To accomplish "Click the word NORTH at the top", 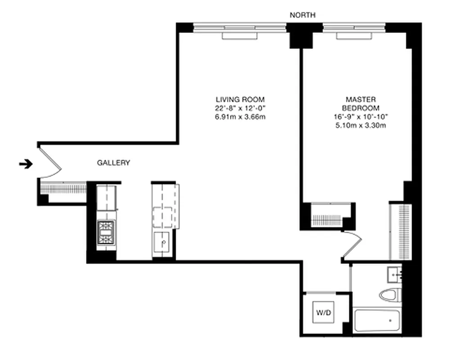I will tap(302, 15).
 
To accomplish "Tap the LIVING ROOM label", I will tap(240, 99).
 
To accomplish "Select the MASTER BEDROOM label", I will tap(361, 103).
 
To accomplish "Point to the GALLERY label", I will tap(113, 163).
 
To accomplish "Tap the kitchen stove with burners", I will tap(106, 233).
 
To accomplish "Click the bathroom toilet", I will tap(389, 295).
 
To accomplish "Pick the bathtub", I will tap(377, 321).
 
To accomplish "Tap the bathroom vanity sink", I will tap(395, 274).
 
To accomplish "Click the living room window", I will tap(240, 30).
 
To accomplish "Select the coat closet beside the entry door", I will tap(63, 188).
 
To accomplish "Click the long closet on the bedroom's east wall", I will tap(399, 231).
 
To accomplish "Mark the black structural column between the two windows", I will tap(297, 35).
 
